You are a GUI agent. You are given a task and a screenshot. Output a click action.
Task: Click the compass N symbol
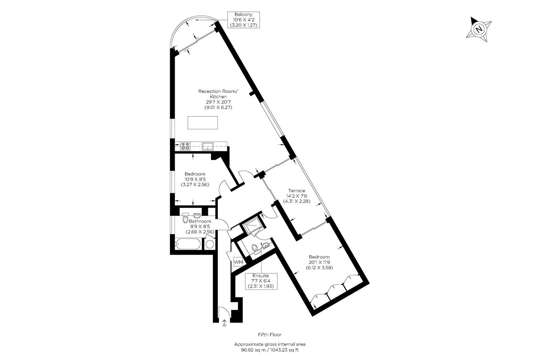(479, 29)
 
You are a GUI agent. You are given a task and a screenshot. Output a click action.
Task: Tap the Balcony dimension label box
(243, 20)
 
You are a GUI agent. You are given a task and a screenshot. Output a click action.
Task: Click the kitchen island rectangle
(203, 123)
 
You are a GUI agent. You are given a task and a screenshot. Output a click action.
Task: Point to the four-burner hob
(185, 146)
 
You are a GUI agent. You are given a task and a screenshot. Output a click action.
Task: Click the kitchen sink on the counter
(208, 146)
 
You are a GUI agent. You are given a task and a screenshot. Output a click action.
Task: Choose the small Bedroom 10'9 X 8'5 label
(195, 179)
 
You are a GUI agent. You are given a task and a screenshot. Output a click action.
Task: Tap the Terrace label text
(297, 196)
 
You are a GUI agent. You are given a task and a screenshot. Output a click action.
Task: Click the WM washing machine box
(238, 262)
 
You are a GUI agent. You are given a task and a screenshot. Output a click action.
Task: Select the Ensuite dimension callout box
(261, 281)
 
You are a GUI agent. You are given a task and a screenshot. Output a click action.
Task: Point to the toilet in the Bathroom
(185, 219)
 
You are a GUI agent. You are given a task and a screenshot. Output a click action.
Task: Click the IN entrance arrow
(224, 323)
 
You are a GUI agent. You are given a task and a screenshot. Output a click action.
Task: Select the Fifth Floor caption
(270, 334)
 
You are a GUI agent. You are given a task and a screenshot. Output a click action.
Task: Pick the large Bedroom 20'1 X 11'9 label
(319, 262)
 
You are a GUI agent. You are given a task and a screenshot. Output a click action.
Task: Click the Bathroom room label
(200, 221)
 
